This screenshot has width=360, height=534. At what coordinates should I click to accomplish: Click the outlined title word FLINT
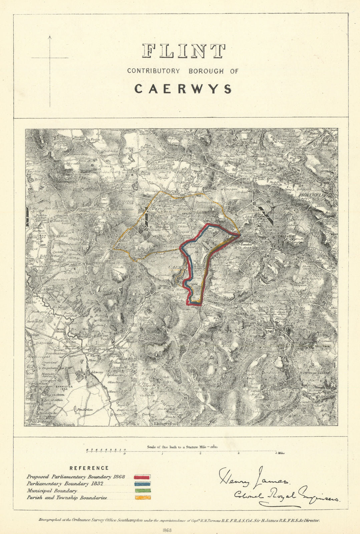[x=183, y=51]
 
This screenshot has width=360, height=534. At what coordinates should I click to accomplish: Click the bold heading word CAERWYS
[x=183, y=89]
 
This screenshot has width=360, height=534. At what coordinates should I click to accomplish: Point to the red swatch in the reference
[x=142, y=477]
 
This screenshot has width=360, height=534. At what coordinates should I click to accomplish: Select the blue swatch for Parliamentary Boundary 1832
[x=142, y=484]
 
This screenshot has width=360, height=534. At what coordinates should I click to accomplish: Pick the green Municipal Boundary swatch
[x=142, y=491]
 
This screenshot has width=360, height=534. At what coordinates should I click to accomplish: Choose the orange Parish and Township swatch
[x=142, y=498]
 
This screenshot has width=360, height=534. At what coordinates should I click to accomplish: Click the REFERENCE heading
[x=89, y=468]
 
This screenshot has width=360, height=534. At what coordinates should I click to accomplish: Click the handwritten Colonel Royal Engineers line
[x=286, y=497]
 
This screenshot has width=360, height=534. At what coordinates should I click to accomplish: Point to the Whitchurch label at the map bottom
[x=64, y=425]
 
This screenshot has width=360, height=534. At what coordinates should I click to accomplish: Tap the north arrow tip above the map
[x=50, y=36]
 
